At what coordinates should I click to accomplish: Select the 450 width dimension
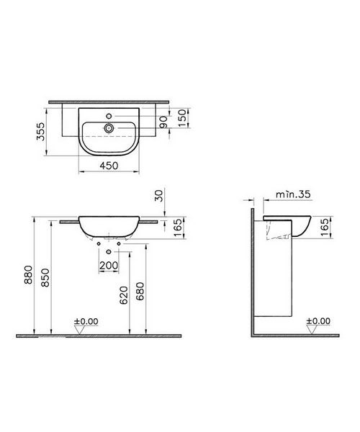point(109,164)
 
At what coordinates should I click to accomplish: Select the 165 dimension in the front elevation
point(178,228)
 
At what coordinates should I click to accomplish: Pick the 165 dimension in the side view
point(325,227)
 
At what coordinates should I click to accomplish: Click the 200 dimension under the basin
point(109,266)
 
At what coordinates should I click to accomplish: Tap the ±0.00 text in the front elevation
point(86,322)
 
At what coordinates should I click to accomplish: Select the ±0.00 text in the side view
point(318,322)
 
